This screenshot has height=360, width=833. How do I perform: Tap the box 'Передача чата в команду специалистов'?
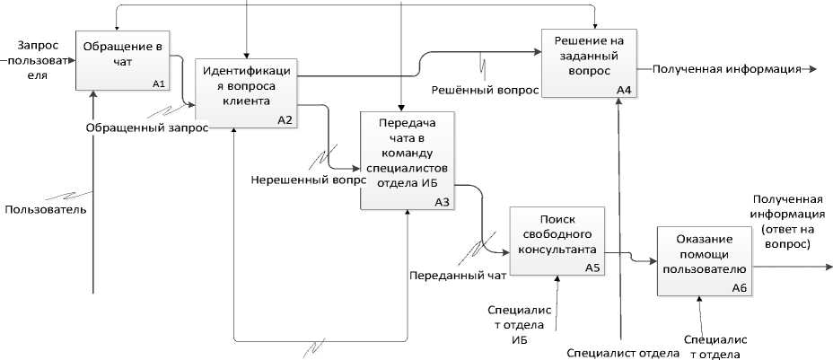pyautogui.click(x=406, y=160)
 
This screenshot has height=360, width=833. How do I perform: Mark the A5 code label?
pyautogui.click(x=592, y=268)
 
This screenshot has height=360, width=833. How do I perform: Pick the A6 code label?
pyautogui.click(x=740, y=287)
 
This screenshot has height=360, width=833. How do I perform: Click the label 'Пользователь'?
pyautogui.click(x=46, y=210)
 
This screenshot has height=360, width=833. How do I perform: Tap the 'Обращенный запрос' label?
pyautogui.click(x=147, y=128)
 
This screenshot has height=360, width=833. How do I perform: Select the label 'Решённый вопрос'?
pyautogui.click(x=486, y=90)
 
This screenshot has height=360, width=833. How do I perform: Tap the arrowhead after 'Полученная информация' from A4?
pyautogui.click(x=811, y=68)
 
